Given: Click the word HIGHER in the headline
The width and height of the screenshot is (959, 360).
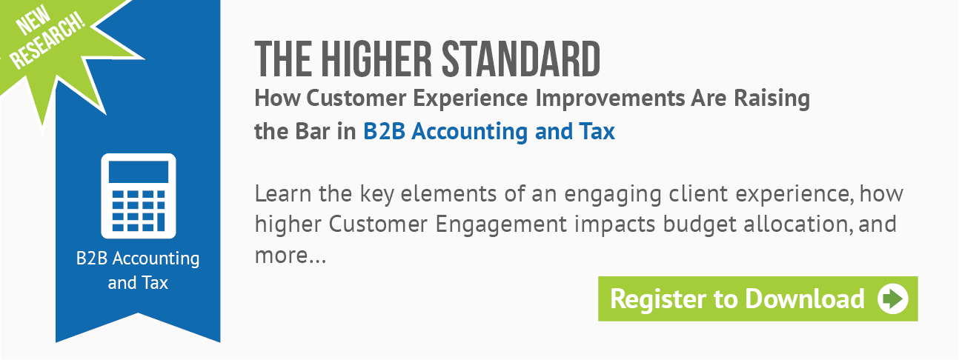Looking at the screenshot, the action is coord(376,59).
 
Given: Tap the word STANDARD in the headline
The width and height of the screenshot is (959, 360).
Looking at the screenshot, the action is coord(521,59).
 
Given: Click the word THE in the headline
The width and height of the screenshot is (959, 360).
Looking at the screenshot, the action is coord(283,59).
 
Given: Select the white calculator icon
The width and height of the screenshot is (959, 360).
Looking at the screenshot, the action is coord(139,196).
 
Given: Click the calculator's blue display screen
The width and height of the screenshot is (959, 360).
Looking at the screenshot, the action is coord(139,172).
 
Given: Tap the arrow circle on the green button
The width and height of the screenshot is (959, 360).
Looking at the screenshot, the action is coord(892,299).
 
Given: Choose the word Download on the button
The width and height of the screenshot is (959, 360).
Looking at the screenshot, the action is coord(805,299).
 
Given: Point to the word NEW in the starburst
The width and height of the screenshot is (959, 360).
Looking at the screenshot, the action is coord(33,20).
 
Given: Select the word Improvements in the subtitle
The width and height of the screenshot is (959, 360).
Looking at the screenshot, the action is coord(610,99).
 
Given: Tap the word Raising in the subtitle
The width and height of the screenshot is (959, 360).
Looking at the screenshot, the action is coord(772,99).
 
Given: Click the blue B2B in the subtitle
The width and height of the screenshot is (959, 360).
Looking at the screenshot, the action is coord(384,131).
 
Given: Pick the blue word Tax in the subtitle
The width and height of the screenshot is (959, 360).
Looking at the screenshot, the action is coord(597,131).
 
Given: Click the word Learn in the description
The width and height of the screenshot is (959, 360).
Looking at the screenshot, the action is coord(283,193).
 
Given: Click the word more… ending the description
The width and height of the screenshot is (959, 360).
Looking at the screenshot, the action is coord(291,256).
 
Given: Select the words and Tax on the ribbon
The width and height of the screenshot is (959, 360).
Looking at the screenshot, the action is coord(138,283).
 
